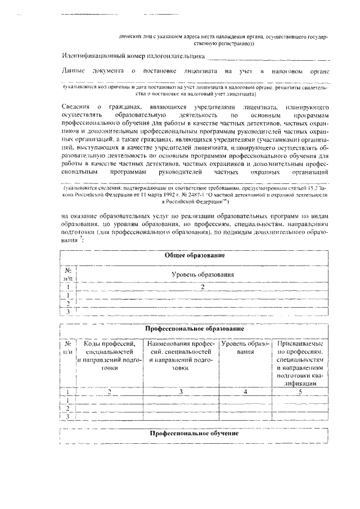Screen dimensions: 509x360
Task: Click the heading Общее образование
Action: tap(195, 255)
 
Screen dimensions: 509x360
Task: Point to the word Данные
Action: tap(73, 71)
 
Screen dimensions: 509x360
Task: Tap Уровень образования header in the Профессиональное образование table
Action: tap(246, 347)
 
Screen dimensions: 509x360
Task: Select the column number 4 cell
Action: tap(246, 391)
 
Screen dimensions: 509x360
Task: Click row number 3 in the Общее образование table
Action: tap(68, 311)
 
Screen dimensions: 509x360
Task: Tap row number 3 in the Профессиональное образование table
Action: tap(68, 417)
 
